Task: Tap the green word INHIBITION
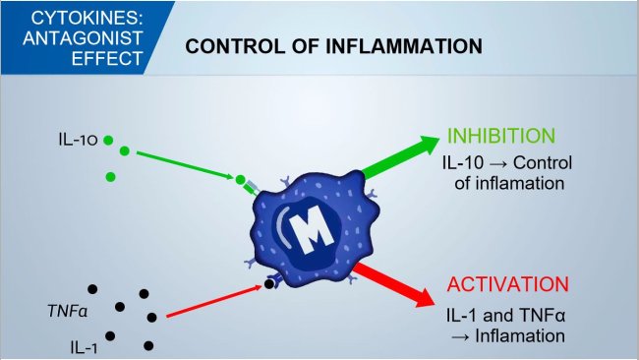(x=501, y=136)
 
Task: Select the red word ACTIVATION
(x=507, y=285)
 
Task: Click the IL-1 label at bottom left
(x=83, y=346)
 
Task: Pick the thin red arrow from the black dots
(x=211, y=302)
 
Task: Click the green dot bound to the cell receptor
(x=240, y=180)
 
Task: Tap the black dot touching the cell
(x=268, y=286)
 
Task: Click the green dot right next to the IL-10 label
(x=108, y=141)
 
